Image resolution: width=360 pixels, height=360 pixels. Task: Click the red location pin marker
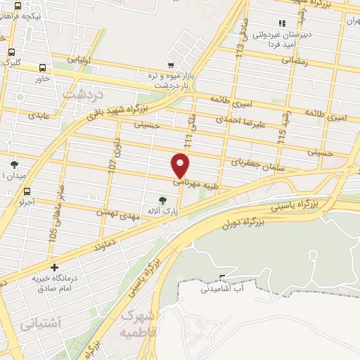181,165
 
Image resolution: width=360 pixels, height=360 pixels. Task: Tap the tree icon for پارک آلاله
163,200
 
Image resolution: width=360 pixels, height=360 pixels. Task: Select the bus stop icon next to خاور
44,68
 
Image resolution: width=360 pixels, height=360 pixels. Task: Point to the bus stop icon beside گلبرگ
11,51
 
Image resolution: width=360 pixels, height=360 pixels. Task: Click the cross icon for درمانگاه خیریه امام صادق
55,268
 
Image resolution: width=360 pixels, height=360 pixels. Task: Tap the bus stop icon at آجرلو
27,191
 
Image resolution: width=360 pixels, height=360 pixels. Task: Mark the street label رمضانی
295,61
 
